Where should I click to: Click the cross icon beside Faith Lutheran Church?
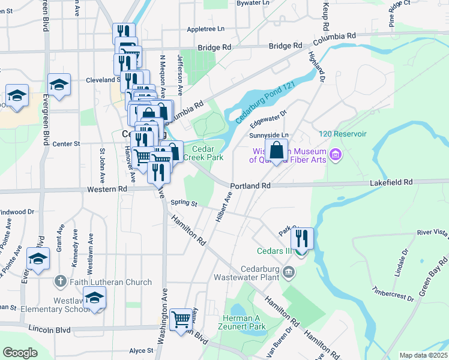click(60, 281)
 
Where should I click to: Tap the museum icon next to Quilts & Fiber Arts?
click(336, 155)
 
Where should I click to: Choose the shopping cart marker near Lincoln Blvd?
click(181, 319)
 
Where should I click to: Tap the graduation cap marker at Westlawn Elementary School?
click(94, 298)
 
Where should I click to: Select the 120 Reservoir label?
click(343, 133)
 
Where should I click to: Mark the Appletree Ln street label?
click(205, 29)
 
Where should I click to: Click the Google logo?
click(20, 353)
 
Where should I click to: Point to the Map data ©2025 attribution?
click(423, 355)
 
